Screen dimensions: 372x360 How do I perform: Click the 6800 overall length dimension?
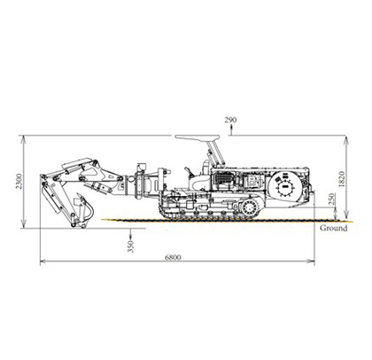(173, 257)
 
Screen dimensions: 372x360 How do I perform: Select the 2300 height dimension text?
(19, 181)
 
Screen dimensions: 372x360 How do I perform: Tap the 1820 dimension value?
(341, 179)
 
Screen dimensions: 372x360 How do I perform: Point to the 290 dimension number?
(230, 120)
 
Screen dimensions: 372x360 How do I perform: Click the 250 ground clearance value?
(331, 200)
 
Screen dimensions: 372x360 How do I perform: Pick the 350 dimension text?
(130, 247)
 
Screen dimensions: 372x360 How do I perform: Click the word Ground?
(334, 228)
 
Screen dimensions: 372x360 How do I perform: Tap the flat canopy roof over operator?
(198, 137)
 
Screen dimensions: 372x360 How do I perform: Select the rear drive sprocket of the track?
(250, 207)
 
